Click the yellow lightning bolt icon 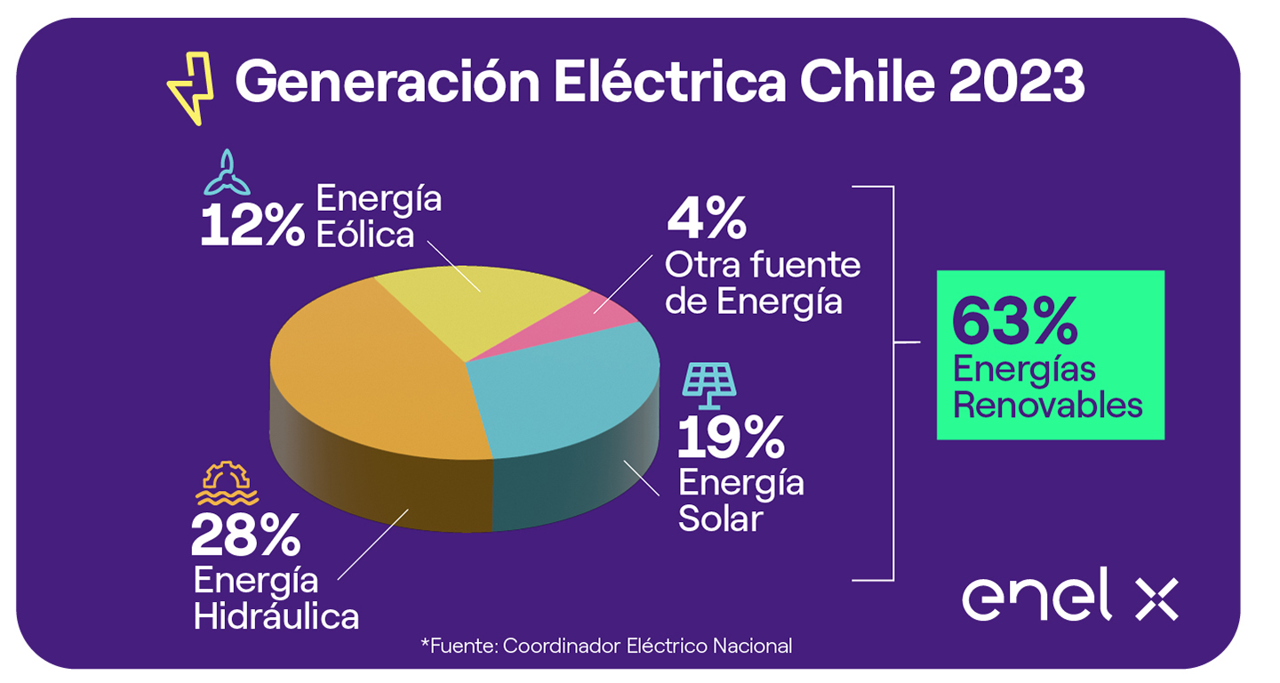[191, 87]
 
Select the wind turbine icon [228, 173]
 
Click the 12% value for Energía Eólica [252, 226]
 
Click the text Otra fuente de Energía [763, 284]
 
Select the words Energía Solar [740, 501]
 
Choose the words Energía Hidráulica [276, 598]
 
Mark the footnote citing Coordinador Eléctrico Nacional [606, 646]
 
